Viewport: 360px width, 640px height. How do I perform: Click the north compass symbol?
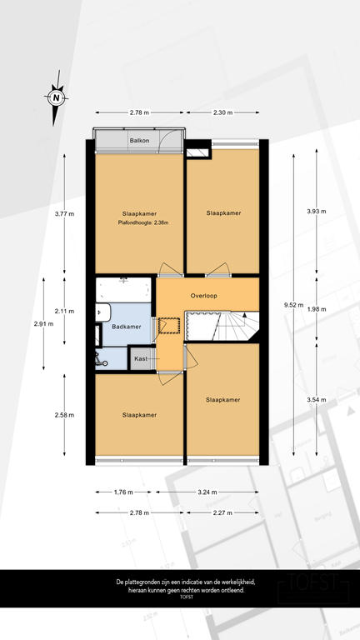coord(56,97)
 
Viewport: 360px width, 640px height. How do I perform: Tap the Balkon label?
coord(139,141)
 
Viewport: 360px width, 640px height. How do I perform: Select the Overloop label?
coord(204,296)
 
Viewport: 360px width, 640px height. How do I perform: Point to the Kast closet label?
coord(141,358)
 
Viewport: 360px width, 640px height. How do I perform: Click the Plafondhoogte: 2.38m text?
coord(138,222)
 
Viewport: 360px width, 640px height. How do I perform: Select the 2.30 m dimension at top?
coord(222,112)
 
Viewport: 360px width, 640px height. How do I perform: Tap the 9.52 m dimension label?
coord(293,305)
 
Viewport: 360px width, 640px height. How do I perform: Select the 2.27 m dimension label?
coord(222,512)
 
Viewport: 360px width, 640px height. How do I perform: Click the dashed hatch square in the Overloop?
coord(170,324)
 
